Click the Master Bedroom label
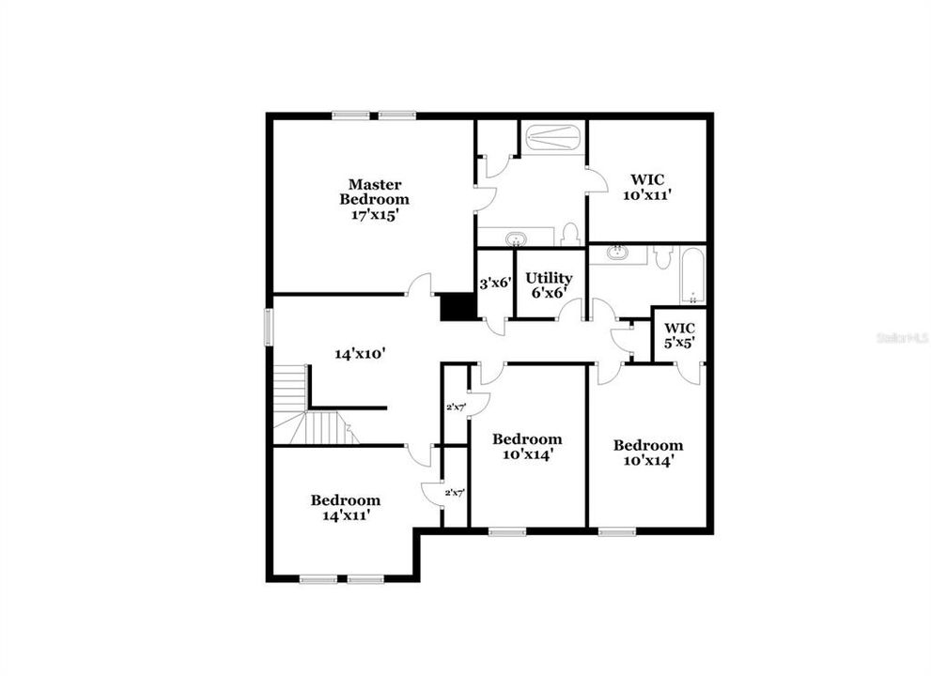(x=374, y=192)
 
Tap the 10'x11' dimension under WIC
(x=646, y=195)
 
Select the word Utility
(x=549, y=278)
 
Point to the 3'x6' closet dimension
(x=495, y=282)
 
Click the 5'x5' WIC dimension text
(x=678, y=343)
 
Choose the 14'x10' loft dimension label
(x=361, y=354)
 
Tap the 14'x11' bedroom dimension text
(x=346, y=515)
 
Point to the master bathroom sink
(x=515, y=238)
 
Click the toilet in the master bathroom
(x=568, y=235)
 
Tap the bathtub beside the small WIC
(x=693, y=276)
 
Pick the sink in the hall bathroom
(x=618, y=253)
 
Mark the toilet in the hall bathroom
(x=663, y=256)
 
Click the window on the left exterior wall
(x=269, y=327)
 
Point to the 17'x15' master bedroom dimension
(x=374, y=214)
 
